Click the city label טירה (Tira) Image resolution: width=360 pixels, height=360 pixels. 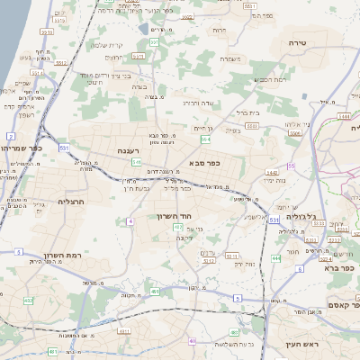pos(299,42)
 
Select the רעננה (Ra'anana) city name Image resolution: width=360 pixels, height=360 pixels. pos(128,151)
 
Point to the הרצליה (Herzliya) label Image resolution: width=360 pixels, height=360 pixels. pos(70,202)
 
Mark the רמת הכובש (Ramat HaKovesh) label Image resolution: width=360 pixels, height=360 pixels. pos(269,80)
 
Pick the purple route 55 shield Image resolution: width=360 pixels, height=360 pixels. pos(291,166)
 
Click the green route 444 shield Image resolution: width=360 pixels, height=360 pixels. pos(274,257)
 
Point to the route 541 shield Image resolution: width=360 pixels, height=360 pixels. pos(136,162)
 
